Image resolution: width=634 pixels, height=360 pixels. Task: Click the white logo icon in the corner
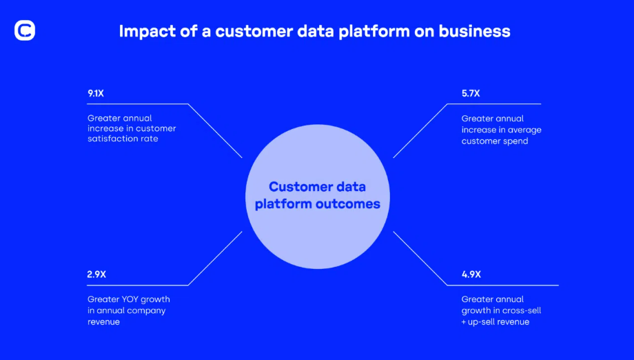pyautogui.click(x=25, y=30)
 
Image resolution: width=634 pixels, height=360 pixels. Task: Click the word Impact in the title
pyautogui.click(x=147, y=32)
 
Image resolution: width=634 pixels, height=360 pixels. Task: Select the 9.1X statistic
pyautogui.click(x=96, y=93)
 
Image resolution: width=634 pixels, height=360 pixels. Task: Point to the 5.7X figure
pyautogui.click(x=471, y=93)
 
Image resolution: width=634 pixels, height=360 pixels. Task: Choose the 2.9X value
pyautogui.click(x=96, y=274)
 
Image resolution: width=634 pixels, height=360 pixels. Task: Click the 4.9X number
pyautogui.click(x=471, y=274)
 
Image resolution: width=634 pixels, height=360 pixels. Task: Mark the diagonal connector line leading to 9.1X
pyautogui.click(x=215, y=130)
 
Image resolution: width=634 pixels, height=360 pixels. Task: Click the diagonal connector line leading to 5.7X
pyautogui.click(x=420, y=130)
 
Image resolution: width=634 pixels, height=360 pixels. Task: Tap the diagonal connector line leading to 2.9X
pyautogui.click(x=215, y=259)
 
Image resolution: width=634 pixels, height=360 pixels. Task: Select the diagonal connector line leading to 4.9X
pyautogui.click(x=420, y=259)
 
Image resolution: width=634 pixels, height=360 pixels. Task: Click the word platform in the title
pyautogui.click(x=374, y=32)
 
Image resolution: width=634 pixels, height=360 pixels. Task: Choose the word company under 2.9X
pyautogui.click(x=150, y=311)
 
